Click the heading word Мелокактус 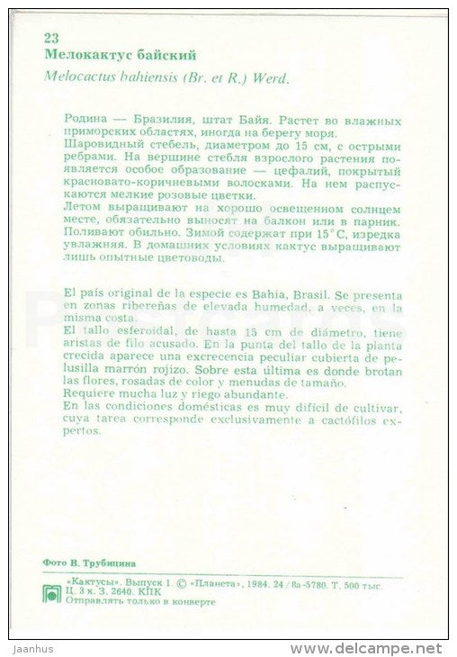coord(83,54)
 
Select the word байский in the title coord(164,54)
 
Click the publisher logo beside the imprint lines coord(53,589)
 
